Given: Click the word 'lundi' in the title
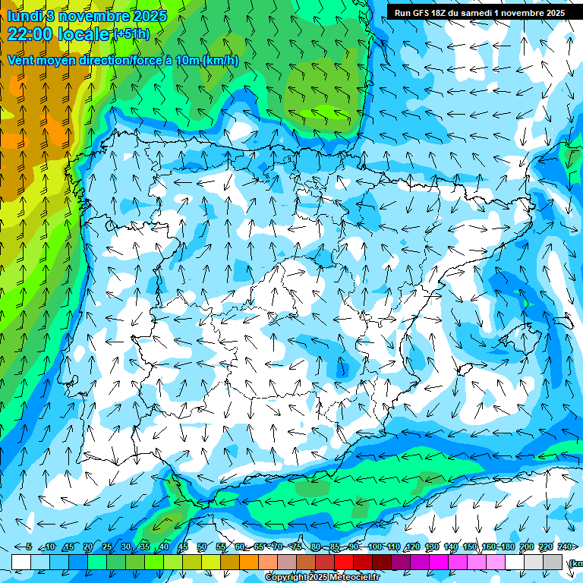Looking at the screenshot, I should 24,16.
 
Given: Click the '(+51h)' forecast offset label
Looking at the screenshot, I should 131,34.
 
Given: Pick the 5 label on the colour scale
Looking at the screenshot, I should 29,547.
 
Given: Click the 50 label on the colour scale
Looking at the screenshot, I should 201,547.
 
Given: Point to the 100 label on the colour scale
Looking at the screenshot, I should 374,547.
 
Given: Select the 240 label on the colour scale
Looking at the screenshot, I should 565,547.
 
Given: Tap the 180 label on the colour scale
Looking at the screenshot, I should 508,547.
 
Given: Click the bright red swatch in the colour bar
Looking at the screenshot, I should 344,562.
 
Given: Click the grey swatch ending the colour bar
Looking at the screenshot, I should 553,562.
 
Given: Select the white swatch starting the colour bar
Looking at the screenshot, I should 21,562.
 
